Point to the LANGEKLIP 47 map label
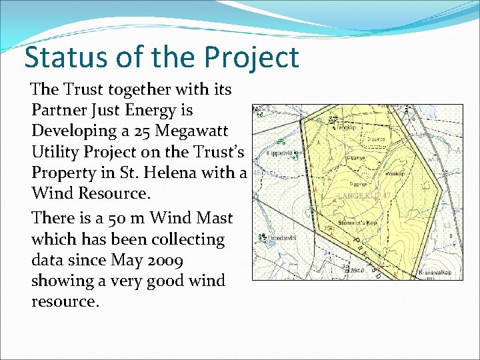click(x=364, y=196)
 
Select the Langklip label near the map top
click(x=348, y=126)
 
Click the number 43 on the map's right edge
click(x=447, y=226)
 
